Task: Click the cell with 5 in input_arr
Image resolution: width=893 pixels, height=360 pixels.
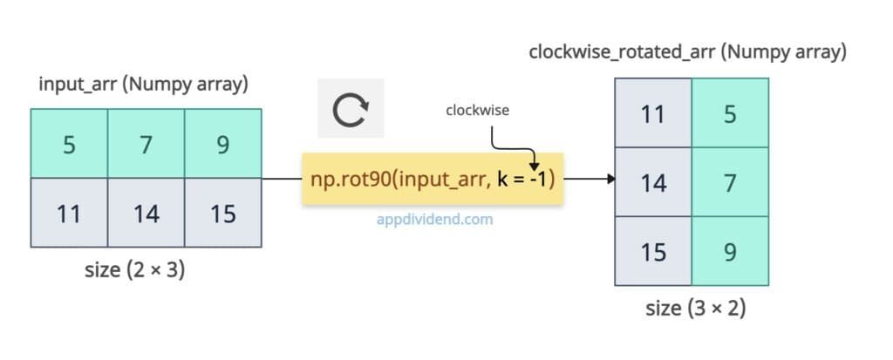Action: [69, 144]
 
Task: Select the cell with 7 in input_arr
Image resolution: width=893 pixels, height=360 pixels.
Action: [146, 144]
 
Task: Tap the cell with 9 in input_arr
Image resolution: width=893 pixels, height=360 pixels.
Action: [222, 144]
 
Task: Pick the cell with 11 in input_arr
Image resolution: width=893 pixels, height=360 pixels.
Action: [69, 214]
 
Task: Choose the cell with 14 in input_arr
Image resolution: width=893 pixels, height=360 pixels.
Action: [146, 214]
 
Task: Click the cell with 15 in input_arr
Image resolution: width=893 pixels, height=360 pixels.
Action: [222, 214]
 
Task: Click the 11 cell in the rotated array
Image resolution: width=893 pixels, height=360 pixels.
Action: [653, 113]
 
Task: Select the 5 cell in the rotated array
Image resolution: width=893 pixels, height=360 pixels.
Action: [730, 113]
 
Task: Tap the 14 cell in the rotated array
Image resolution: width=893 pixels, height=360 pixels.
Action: [653, 183]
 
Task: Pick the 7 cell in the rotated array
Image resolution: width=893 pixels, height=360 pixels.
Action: [730, 183]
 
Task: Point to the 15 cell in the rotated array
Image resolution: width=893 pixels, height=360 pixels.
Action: [653, 252]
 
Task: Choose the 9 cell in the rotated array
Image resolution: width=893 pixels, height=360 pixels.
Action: [730, 252]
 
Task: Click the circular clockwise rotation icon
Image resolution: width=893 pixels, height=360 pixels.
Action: [351, 110]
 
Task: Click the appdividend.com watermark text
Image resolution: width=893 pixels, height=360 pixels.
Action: [433, 219]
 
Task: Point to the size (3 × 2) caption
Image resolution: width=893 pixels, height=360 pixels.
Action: [695, 309]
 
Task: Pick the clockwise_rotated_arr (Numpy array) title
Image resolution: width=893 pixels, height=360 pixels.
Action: [688, 51]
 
